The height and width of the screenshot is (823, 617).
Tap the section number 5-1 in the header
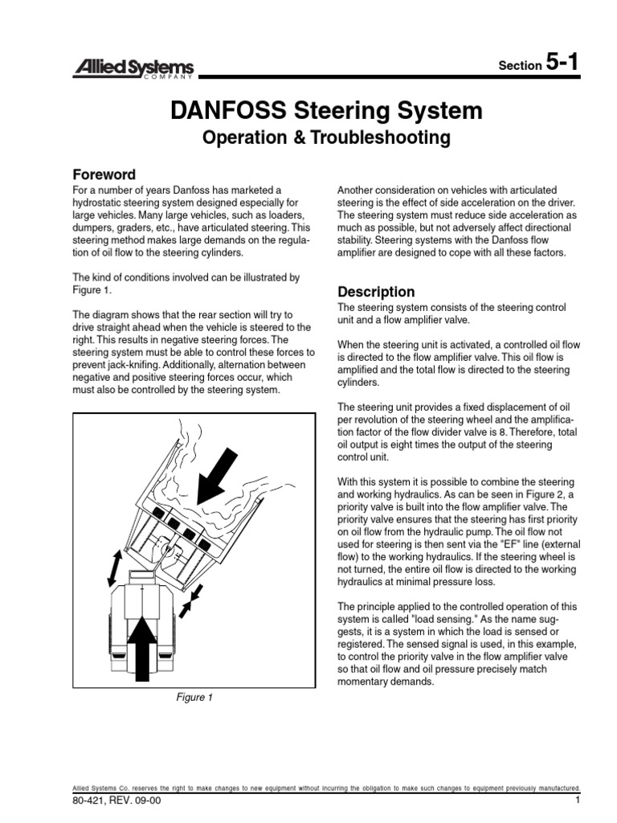(562, 63)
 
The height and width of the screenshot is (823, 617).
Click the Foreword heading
(104, 174)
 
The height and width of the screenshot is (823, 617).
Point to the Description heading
(376, 292)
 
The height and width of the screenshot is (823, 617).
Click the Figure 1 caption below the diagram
(194, 698)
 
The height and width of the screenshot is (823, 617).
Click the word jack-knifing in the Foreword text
(127, 365)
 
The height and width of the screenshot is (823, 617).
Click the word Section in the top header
(519, 66)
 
